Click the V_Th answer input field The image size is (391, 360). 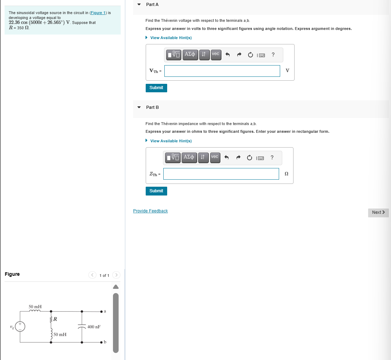[x=222, y=71]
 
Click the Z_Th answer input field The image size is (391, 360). [x=221, y=174]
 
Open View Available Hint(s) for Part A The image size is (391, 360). [x=171, y=38]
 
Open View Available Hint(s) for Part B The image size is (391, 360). [x=171, y=141]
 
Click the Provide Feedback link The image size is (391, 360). [x=150, y=211]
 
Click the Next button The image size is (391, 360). [x=378, y=212]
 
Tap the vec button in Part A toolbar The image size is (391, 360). [x=216, y=55]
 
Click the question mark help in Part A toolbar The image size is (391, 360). [x=273, y=55]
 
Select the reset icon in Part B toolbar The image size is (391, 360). [x=249, y=158]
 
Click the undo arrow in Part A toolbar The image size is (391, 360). [x=227, y=55]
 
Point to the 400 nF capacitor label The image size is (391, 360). [x=94, y=327]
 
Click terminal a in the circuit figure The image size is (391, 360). [x=101, y=311]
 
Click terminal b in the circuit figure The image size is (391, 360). [x=101, y=342]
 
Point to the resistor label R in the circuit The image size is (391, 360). [x=56, y=319]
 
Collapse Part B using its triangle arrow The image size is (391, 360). [x=139, y=107]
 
